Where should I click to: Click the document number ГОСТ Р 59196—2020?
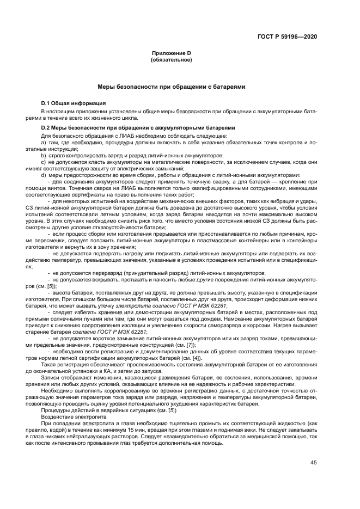(x=287, y=37)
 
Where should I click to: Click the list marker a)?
(x=44, y=142)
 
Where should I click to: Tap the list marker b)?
(x=44, y=155)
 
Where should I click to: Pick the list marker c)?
(x=44, y=162)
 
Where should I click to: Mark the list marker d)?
(x=44, y=175)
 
